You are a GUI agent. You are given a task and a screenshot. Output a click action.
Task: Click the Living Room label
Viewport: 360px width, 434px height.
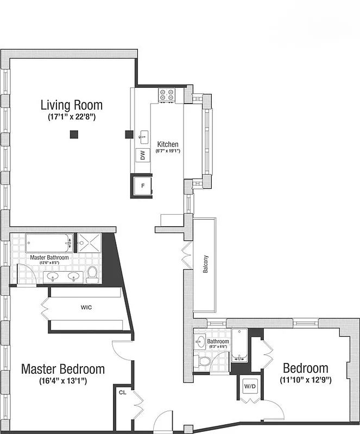[x=72, y=105]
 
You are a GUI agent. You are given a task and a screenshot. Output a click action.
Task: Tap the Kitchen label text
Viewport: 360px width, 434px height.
[x=168, y=144]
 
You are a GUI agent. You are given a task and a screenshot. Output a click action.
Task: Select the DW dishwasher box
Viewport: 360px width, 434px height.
[x=142, y=155]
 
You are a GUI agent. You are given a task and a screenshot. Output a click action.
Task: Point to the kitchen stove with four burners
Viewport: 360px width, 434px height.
[x=167, y=95]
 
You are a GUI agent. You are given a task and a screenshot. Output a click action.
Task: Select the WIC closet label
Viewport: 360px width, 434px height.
[x=86, y=308]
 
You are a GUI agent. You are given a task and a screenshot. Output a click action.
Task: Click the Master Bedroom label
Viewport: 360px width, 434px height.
[x=63, y=369]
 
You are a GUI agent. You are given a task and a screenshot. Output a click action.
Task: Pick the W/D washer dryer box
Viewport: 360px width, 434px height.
[x=250, y=387]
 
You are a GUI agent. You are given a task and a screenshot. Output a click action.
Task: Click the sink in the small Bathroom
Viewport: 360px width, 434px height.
[x=200, y=342]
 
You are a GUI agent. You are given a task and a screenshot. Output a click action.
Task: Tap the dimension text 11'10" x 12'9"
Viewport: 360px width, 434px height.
[x=306, y=380]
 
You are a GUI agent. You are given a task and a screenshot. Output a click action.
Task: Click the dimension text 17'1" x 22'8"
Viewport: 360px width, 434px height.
[x=72, y=117]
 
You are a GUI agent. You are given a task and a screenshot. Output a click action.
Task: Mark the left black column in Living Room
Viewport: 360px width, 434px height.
[x=73, y=135]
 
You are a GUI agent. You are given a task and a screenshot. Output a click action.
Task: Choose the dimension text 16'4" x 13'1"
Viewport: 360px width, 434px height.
[x=62, y=381]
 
